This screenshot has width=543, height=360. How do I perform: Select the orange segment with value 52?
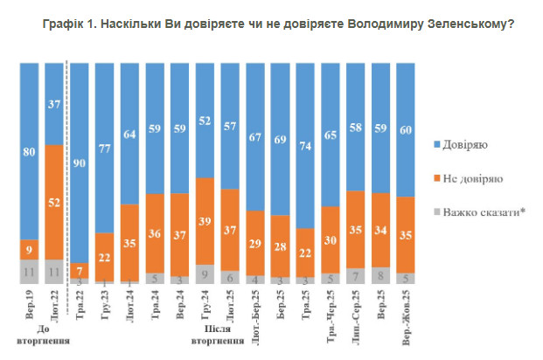(53, 202)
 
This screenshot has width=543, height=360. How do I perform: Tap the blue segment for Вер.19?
(29, 149)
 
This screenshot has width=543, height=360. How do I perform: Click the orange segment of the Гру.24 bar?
(204, 221)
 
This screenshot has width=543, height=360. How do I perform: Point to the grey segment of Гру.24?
(204, 273)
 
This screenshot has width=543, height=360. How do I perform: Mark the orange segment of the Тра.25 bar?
(304, 253)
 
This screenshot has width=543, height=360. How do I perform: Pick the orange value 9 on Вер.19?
(29, 250)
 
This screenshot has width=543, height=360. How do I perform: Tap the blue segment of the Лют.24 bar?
(129, 133)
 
